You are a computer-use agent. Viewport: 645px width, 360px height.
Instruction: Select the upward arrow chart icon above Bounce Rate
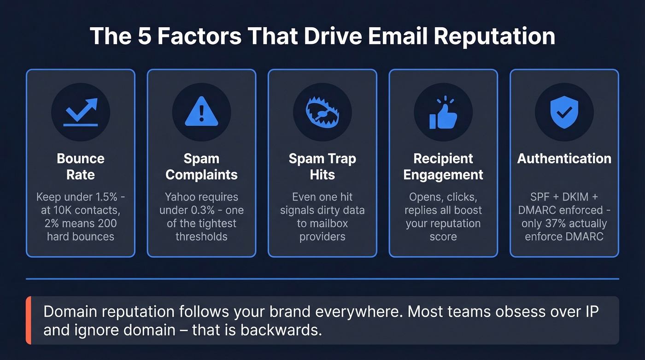(x=81, y=112)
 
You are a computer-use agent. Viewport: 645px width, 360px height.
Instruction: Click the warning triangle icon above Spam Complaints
(x=201, y=112)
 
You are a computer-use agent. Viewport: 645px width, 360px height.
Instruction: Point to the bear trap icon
(x=322, y=112)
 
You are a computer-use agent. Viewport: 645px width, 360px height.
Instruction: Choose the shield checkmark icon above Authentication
(x=564, y=112)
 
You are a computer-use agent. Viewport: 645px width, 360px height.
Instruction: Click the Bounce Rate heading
(x=81, y=166)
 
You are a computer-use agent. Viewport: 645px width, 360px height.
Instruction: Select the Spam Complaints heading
(x=201, y=166)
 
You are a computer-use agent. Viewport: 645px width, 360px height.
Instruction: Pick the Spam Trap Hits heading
(x=322, y=166)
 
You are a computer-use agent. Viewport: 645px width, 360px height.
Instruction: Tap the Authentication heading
(x=564, y=159)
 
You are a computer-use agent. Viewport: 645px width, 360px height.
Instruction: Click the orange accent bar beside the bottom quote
(x=28, y=320)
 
